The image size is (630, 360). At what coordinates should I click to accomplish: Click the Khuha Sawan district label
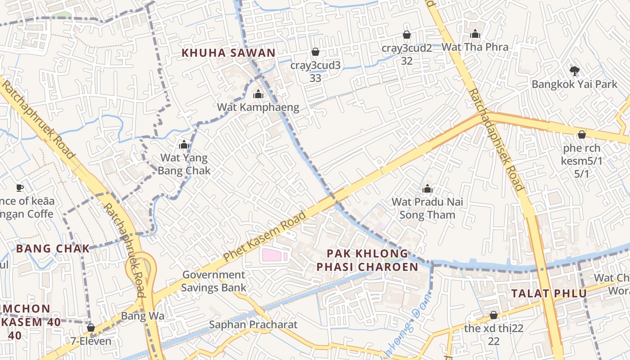click(x=228, y=53)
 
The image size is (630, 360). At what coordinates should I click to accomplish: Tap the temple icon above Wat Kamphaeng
click(x=258, y=94)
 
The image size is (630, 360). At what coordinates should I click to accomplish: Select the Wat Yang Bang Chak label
click(x=184, y=164)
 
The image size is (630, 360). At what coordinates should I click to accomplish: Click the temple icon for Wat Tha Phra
click(x=475, y=34)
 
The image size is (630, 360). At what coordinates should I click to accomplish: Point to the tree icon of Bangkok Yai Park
click(x=574, y=70)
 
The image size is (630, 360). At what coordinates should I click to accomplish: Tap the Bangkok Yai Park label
click(x=574, y=84)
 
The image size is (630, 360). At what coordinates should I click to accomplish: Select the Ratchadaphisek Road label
click(x=496, y=139)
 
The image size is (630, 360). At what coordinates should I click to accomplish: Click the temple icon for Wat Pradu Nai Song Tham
click(x=427, y=189)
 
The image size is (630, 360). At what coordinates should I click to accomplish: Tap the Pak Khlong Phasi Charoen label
click(x=367, y=260)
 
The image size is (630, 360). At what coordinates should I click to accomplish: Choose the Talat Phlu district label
click(x=549, y=294)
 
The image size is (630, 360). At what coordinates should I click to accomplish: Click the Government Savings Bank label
click(x=214, y=281)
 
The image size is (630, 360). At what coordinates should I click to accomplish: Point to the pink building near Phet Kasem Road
click(x=274, y=256)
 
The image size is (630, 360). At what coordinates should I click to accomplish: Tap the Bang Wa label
click(x=143, y=316)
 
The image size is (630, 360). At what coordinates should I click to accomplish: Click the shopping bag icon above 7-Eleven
click(x=91, y=328)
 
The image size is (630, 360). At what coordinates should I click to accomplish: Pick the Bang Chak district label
click(x=53, y=248)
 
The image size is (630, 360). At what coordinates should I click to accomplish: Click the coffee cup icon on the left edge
click(x=19, y=187)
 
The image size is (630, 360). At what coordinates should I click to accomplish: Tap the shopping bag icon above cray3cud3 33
click(x=315, y=52)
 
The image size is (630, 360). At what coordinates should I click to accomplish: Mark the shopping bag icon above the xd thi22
click(x=494, y=315)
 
